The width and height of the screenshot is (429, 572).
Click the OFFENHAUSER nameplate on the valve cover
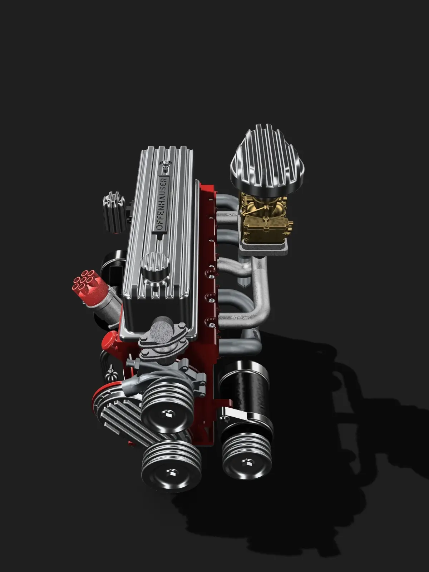[162, 204]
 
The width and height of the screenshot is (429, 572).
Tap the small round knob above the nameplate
[166, 164]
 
